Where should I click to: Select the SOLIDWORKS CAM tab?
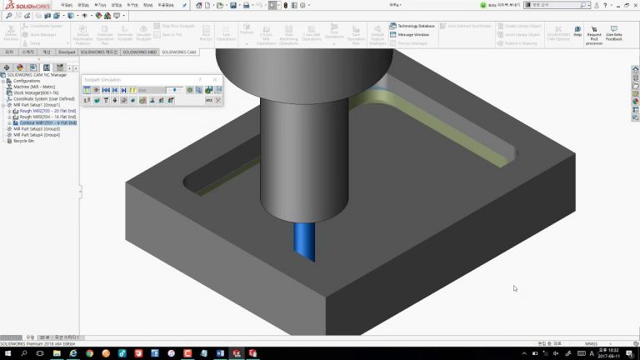pyautogui.click(x=179, y=52)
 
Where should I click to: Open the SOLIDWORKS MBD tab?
pyautogui.click(x=139, y=52)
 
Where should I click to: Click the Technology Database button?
pyautogui.click(x=413, y=26)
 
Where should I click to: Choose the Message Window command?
pyautogui.click(x=411, y=35)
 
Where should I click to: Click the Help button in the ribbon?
pyautogui.click(x=577, y=30)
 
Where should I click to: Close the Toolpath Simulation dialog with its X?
pyautogui.click(x=215, y=79)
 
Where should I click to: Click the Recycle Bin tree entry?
pyautogui.click(x=23, y=141)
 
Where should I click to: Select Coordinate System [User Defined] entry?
pyautogui.click(x=43, y=99)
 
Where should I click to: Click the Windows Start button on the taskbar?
pyautogui.click(x=7, y=353)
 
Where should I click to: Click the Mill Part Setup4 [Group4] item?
pyautogui.click(x=37, y=135)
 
